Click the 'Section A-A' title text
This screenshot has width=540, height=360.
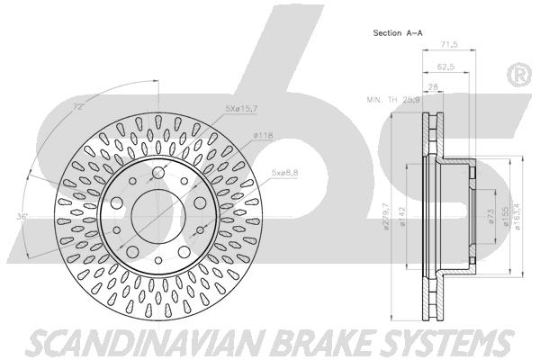coord(398,33)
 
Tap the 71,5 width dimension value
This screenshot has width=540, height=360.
coord(449,44)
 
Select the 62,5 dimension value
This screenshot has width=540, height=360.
coord(446,67)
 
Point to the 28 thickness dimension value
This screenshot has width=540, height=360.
coord(433,86)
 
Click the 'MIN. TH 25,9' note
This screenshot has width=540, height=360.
coord(393,100)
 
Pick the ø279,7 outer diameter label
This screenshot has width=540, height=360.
coord(386,216)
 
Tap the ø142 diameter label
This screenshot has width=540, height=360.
coord(401,216)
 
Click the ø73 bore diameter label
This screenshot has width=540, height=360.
coord(491,216)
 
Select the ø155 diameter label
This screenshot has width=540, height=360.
coord(505,216)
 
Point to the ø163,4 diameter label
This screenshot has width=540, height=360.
coord(516,216)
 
